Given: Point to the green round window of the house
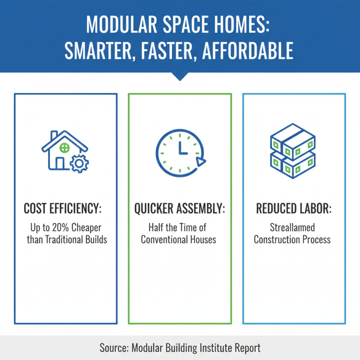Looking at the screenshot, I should point(65,147).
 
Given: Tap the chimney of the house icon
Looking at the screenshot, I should point(54,136).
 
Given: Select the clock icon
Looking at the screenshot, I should point(180,151).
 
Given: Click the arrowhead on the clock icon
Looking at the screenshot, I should point(201,162).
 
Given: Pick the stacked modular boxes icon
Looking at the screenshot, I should point(293,150).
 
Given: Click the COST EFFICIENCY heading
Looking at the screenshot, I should point(66,209).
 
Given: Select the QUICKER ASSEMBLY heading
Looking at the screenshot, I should point(180,209).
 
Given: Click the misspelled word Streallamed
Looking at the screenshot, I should point(292,228).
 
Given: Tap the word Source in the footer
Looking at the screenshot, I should point(114,348).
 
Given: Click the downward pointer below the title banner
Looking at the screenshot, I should point(180,77).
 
